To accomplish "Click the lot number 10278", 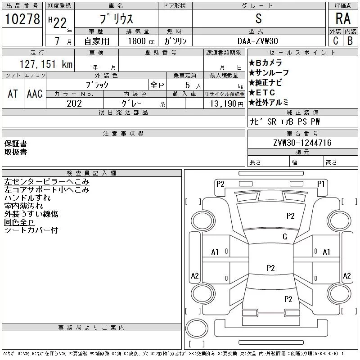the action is click(x=22, y=19).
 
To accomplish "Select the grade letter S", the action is click(x=258, y=18).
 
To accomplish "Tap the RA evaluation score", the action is click(x=343, y=18).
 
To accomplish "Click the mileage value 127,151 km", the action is click(x=46, y=64).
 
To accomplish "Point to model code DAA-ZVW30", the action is click(x=257, y=41).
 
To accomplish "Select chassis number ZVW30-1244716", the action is click(x=302, y=143).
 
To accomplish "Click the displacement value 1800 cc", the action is click(x=141, y=41).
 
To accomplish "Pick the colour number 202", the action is click(x=74, y=103).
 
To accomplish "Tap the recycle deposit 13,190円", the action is click(x=227, y=104).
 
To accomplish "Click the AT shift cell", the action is click(x=13, y=94).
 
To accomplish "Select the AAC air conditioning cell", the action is click(x=35, y=94).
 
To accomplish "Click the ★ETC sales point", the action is click(x=262, y=93).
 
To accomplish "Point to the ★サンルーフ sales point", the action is click(x=269, y=73).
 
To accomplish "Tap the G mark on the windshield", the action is click(x=285, y=237).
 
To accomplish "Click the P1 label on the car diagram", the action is click(x=321, y=184).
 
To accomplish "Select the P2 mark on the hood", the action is click(x=290, y=216).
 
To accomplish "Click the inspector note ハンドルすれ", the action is click(x=27, y=198).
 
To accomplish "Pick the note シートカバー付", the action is click(x=31, y=230).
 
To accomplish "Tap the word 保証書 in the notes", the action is click(x=16, y=144).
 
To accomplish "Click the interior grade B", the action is click(x=350, y=41).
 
